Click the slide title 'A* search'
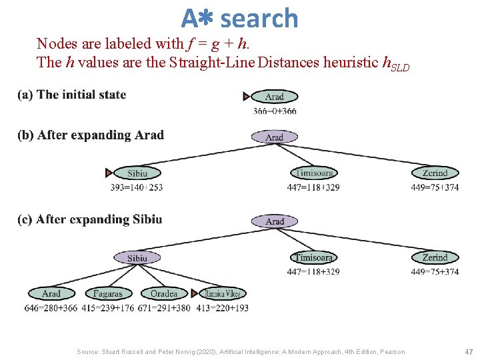240,18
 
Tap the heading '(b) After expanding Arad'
91,135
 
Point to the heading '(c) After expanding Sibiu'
90,219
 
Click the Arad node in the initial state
274,97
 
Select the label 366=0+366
275,111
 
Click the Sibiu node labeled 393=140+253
137,173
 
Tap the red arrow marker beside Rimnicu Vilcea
195,293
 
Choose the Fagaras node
108,293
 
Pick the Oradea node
164,293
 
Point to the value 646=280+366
51,308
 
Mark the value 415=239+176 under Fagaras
108,308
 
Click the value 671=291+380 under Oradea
164,308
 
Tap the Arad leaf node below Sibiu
51,293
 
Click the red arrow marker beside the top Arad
247,97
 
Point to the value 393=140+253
137,187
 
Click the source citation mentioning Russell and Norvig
240,351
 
